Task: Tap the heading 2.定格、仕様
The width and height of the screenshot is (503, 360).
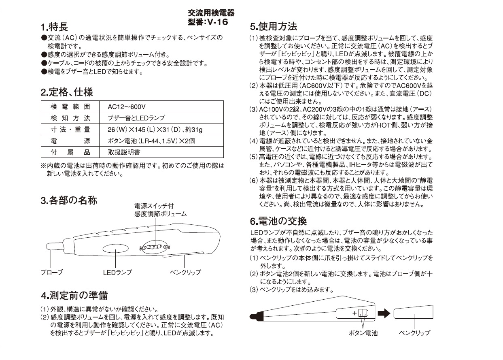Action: (67, 92)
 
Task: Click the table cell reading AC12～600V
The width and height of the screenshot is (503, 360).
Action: (127, 107)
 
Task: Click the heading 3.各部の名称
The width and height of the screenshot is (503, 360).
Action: (69, 200)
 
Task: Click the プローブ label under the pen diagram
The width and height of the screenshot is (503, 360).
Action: (52, 273)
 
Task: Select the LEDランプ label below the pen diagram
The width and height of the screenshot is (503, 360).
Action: (117, 273)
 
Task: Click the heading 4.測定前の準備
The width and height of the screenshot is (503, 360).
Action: (74, 295)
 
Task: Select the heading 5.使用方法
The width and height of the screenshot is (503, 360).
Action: (274, 27)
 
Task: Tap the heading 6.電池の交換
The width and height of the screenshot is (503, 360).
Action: (278, 221)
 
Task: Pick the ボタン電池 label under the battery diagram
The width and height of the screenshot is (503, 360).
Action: (363, 333)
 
